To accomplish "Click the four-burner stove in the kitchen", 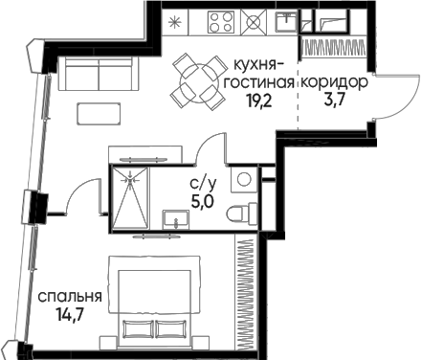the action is click(221, 21).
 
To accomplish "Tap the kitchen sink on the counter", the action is click(287, 21).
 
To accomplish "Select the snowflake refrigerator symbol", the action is click(174, 22).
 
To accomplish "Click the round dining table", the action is click(195, 83).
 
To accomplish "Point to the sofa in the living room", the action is click(99, 74).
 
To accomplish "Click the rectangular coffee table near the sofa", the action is click(99, 114).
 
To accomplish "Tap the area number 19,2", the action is click(258, 101).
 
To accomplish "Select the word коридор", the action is click(334, 83).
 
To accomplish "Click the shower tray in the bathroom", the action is click(130, 197).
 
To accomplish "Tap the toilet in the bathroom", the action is click(242, 214).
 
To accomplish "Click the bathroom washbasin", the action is click(176, 219).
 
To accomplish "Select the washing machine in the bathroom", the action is click(244, 179).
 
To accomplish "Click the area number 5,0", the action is click(203, 202).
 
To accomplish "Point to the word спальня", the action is click(70, 298).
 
